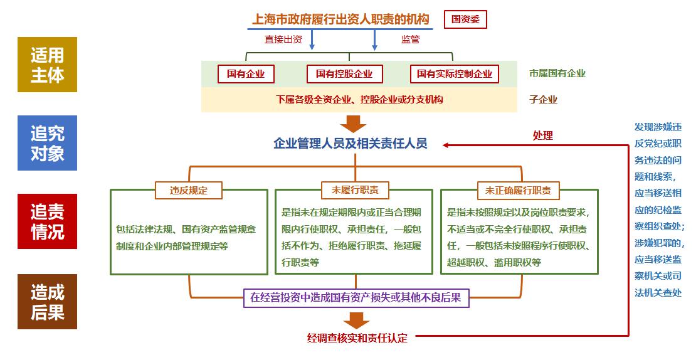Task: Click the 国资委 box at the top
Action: pos(465,19)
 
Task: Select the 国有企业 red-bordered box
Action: pos(246,73)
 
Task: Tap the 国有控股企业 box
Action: pos(344,73)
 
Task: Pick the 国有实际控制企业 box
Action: pos(455,73)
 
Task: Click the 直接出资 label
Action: pos(283,39)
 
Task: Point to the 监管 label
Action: pos(410,39)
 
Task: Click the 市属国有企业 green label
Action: pos(557,73)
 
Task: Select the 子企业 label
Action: pos(543,99)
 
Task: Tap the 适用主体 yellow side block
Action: pos(47,65)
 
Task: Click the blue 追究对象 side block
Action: pos(47,143)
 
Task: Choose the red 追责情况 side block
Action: pos(47,221)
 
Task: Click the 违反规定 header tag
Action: pos(189,190)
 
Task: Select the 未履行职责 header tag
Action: pos(355,190)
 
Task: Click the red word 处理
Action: pos(543,135)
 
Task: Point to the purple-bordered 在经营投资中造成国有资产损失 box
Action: pos(356,298)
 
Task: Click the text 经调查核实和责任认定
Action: pos(357,338)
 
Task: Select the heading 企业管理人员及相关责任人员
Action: pos(351,144)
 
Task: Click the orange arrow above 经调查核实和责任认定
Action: pos(356,319)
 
